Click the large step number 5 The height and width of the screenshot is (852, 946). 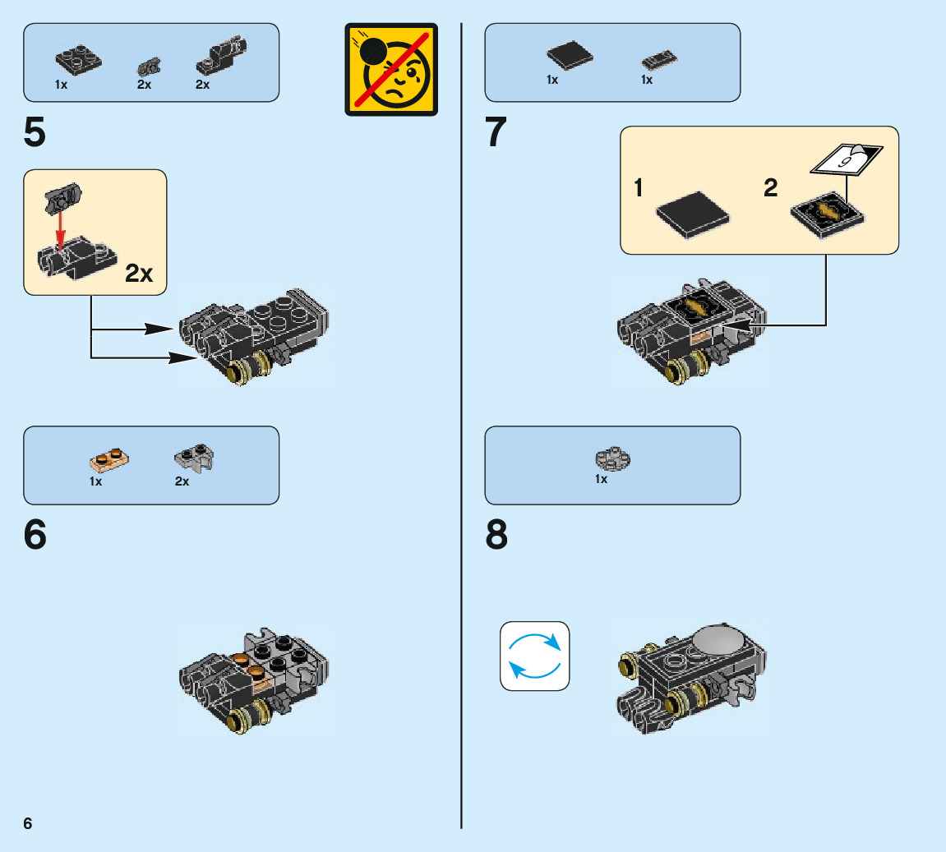tap(35, 133)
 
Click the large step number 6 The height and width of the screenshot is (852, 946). tap(35, 536)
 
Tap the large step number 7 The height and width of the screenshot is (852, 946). tap(496, 133)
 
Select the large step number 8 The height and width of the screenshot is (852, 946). tap(496, 536)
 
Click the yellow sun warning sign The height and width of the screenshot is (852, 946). tap(391, 69)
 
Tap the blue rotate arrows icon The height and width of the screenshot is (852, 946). tap(535, 656)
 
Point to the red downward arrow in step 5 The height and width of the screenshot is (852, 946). tap(59, 228)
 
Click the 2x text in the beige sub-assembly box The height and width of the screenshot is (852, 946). tap(139, 274)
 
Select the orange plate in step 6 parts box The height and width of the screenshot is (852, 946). tap(110, 458)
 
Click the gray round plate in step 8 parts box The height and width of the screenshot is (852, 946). tap(613, 457)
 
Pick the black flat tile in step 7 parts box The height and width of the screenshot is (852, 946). tap(570, 56)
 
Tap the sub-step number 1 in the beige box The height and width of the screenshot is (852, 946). tap(639, 188)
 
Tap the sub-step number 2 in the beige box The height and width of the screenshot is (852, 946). tap(770, 188)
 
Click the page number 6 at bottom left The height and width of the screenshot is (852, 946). tap(28, 823)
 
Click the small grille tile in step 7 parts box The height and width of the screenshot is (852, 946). tap(659, 60)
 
